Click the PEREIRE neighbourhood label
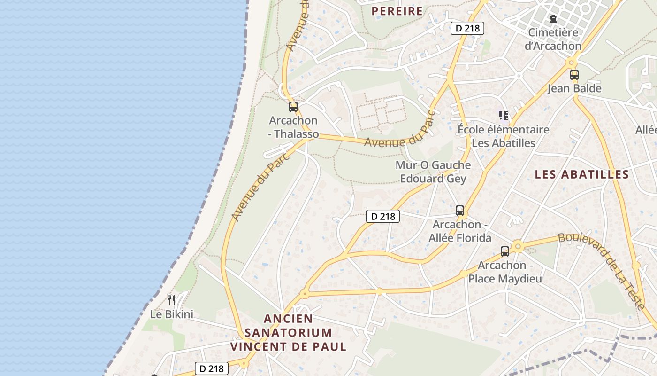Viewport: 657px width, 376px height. [x=397, y=11]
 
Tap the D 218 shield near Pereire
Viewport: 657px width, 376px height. [x=467, y=28]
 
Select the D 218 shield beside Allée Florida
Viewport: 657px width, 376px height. [x=383, y=216]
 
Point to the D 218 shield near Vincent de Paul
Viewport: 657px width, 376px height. [x=212, y=368]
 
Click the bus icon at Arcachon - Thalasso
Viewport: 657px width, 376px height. [x=293, y=107]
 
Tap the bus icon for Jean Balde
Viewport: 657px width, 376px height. [x=574, y=74]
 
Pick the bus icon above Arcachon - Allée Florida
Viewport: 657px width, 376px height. [x=460, y=210]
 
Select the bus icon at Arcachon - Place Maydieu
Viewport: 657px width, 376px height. [x=505, y=251]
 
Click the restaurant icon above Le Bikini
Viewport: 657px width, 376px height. [x=171, y=299]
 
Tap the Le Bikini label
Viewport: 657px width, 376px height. [x=172, y=314]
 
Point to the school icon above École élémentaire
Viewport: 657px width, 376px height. [x=504, y=115]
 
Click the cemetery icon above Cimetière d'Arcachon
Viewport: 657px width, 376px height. [x=553, y=19]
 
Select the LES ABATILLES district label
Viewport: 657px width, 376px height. [x=582, y=174]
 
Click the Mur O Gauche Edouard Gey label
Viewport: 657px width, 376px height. [x=433, y=172]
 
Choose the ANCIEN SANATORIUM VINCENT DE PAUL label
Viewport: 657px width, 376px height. [x=288, y=333]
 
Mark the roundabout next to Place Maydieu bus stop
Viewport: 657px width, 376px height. [x=518, y=246]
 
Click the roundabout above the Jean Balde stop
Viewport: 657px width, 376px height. [x=571, y=62]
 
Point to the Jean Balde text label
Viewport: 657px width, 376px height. [x=574, y=88]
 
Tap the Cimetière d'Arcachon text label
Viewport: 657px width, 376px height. [x=553, y=39]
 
